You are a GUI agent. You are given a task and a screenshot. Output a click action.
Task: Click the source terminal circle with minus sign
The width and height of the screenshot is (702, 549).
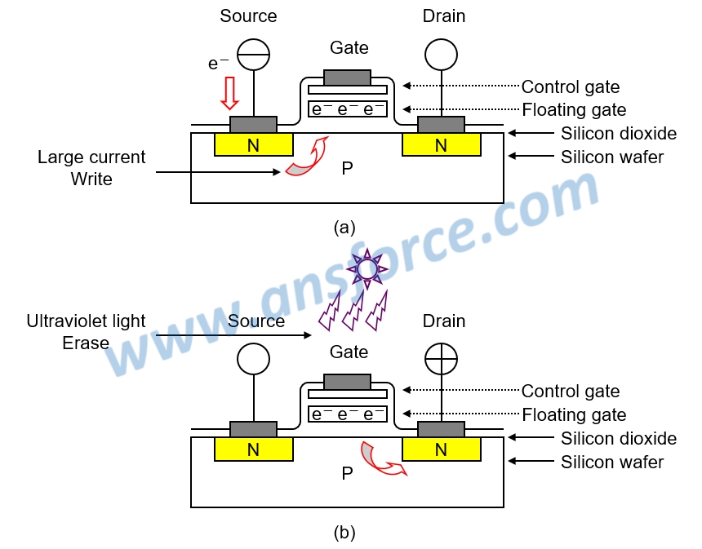pos(253,54)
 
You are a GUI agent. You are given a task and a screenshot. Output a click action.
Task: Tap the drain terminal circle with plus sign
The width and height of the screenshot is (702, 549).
pos(442,359)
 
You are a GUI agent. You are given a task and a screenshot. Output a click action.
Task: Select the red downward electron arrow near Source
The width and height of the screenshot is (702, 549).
pos(230,92)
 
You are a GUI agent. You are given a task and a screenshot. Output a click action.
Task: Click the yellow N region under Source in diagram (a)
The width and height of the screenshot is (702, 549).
pos(253,145)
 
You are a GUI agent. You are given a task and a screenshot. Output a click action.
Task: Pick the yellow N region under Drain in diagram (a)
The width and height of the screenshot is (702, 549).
pos(441,145)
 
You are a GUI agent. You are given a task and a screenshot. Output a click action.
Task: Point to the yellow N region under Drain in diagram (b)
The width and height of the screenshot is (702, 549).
pos(441,449)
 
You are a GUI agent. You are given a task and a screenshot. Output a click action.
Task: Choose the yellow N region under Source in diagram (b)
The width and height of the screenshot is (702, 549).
pos(253,449)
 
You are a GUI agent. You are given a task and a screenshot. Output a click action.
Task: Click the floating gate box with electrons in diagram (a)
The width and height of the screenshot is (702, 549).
pos(348,109)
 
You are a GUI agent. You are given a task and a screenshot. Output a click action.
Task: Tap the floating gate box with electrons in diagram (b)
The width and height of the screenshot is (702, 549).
pos(348,414)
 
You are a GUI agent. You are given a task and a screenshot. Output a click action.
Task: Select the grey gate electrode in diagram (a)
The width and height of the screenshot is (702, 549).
pos(348,77)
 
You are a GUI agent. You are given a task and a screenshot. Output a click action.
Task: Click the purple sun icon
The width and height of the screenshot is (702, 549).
pos(368,268)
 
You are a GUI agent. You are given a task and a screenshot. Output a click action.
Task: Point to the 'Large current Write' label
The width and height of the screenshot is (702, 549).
pos(91,167)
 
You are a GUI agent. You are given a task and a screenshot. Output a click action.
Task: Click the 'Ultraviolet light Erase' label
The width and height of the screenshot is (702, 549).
pos(86,331)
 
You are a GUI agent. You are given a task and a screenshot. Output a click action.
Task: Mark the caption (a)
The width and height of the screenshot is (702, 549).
pos(344,228)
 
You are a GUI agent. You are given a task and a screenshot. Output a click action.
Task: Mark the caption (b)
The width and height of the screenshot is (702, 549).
pos(344,533)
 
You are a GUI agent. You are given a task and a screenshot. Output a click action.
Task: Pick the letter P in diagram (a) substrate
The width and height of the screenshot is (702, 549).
pos(347,169)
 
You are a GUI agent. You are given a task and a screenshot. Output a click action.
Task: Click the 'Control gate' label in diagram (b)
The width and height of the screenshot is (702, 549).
pos(571,392)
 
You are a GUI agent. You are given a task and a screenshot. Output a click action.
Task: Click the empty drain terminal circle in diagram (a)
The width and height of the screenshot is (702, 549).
pos(442,55)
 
